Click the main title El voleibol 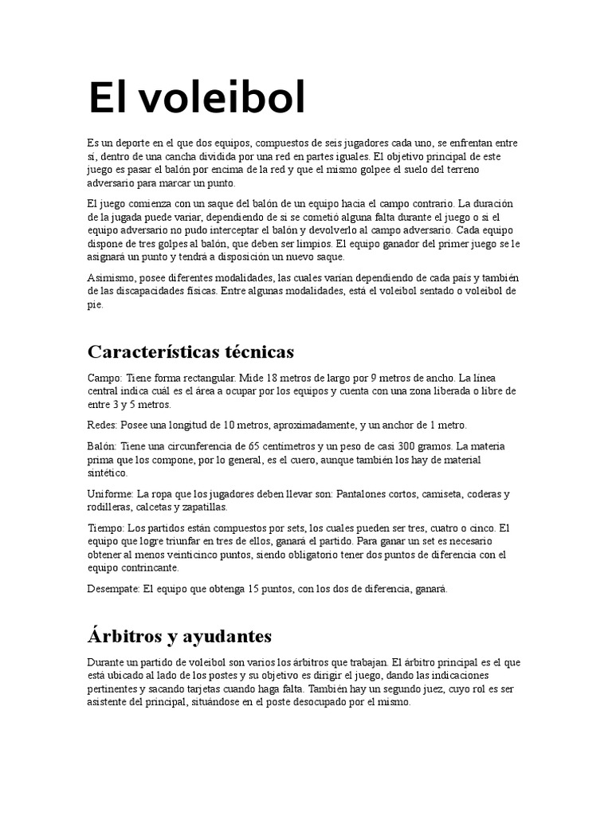coord(196,98)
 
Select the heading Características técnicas coord(190,351)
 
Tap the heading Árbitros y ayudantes coord(179,636)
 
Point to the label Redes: coord(101,425)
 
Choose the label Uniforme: coord(109,494)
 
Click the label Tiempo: coord(106,528)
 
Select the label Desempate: coord(113,589)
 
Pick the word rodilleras coord(108,507)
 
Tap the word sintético coord(106,473)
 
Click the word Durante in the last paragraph coord(106,663)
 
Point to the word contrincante coord(151,568)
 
